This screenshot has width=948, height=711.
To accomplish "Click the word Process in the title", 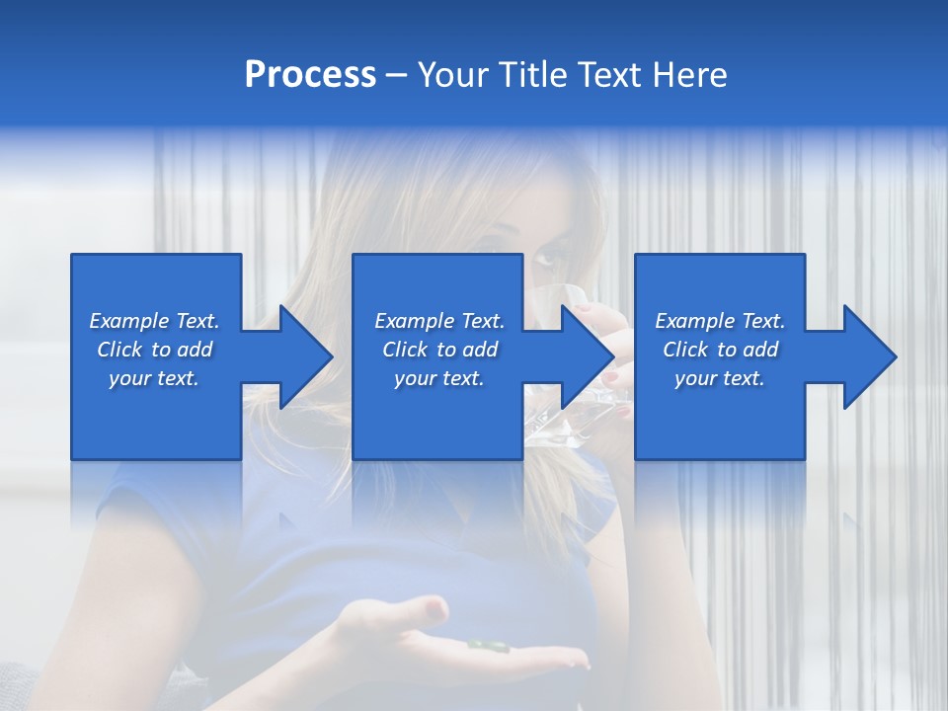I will [310, 75].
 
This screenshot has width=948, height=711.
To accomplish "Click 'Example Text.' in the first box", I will [154, 321].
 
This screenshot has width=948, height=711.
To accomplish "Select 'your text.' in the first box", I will [154, 378].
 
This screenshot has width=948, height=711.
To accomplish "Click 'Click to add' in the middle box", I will [439, 350].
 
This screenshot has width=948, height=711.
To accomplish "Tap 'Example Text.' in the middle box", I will [439, 321].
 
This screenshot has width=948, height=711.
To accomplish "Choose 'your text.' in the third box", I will [719, 378].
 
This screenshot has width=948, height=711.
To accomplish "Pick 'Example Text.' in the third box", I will [720, 321].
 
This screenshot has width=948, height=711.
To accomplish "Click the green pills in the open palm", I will [485, 646].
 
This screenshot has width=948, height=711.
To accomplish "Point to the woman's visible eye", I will [545, 261].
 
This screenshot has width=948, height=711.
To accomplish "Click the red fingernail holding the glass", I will [611, 378].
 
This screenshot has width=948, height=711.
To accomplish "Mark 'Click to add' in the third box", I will [720, 350].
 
